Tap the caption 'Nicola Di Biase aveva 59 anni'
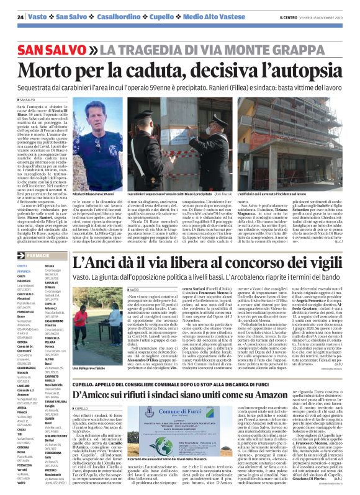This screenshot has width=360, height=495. pos(104,177)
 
